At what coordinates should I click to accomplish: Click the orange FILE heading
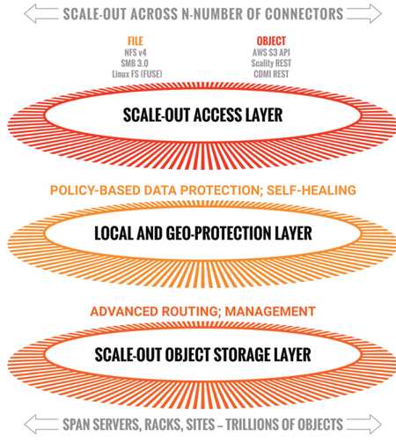[136, 41]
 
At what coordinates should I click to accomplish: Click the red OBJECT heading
[271, 41]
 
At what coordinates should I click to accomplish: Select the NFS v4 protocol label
[136, 53]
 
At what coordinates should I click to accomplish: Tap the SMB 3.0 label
[135, 63]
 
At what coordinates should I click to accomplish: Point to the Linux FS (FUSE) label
[137, 74]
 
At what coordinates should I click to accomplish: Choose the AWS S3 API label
[271, 53]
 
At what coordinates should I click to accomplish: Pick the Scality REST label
[271, 63]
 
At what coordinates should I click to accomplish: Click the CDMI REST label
[271, 74]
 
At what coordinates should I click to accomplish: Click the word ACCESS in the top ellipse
[217, 115]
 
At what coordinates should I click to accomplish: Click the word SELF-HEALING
[312, 190]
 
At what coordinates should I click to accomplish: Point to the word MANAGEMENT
[270, 311]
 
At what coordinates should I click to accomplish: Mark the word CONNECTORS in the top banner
[304, 14]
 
